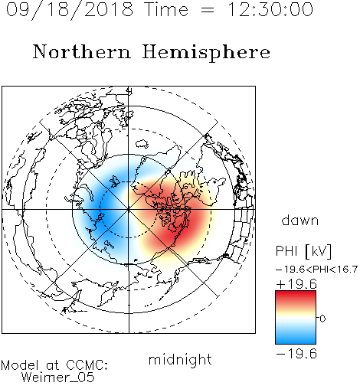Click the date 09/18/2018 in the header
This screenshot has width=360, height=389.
(70, 10)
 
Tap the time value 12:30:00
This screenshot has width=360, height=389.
(270, 9)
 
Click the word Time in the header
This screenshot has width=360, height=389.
(166, 9)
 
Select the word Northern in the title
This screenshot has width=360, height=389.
(82, 51)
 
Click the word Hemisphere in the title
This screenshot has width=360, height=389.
(206, 53)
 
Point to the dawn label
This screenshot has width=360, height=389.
(300, 221)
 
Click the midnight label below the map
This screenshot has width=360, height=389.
(180, 360)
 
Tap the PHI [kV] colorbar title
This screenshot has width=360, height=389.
(303, 251)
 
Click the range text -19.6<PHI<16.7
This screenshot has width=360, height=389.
(316, 270)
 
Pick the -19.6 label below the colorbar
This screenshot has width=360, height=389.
(296, 354)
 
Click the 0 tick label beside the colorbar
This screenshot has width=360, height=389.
(322, 319)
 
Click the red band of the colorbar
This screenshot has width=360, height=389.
(296, 296)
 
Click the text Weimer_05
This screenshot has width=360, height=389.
(58, 378)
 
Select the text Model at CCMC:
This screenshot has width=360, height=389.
(54, 365)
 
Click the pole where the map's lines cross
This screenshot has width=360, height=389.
(129, 210)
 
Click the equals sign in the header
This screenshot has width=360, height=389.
(208, 11)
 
